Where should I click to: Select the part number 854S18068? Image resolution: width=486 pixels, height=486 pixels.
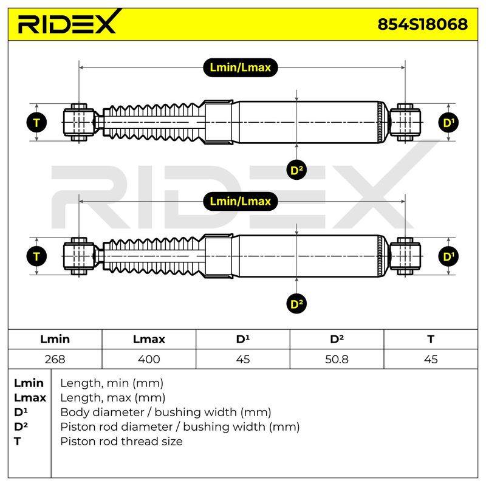[x=422, y=24]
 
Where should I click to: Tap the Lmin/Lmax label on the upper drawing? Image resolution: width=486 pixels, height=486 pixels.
[x=240, y=67]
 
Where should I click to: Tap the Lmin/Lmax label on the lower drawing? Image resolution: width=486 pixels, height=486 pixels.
[x=240, y=202]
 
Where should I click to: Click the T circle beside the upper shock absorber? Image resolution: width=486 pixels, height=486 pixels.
[x=36, y=123]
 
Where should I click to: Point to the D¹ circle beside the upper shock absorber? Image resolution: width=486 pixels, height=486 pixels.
[x=448, y=123]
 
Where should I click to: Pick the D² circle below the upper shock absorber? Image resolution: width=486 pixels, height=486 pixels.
[x=296, y=170]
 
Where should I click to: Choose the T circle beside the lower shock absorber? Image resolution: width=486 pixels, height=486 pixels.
[x=36, y=256]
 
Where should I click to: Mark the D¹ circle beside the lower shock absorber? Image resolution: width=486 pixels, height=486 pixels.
[x=448, y=256]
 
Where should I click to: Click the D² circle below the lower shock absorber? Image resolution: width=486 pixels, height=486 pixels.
[x=296, y=304]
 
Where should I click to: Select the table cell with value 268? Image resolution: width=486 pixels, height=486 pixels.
[x=55, y=359]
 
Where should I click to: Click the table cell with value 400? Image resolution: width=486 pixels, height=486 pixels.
[x=149, y=359]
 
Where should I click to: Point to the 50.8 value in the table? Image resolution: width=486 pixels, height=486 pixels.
[x=337, y=359]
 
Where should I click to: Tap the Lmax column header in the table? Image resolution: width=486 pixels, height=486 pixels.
[x=149, y=339]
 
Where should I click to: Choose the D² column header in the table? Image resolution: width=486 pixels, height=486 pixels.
[x=337, y=339]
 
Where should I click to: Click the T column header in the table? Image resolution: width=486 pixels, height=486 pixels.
[x=431, y=339]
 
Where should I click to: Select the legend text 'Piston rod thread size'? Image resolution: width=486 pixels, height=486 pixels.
[x=122, y=441]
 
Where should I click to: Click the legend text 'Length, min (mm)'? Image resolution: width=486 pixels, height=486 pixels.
[x=112, y=383]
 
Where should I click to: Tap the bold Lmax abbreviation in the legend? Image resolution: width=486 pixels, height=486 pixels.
[x=30, y=397]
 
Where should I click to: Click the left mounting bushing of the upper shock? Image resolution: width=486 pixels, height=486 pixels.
[x=80, y=123]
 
